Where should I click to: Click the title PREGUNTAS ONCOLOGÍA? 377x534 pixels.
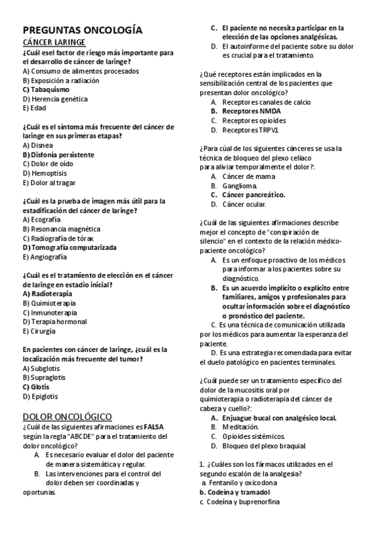pos(82,30)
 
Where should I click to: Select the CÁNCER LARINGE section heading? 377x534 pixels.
pos(54,42)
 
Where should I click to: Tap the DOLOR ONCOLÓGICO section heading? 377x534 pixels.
pos(67,416)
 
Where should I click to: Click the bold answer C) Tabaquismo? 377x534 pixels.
pos(46,89)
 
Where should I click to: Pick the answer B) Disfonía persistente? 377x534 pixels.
pos(58,154)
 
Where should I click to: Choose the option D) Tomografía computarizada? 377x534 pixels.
pos(69,247)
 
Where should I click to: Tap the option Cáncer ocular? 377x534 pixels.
pos(244,204)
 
